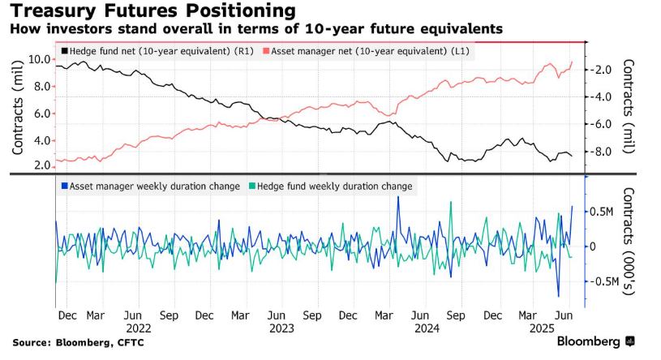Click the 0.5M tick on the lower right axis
tap(600, 212)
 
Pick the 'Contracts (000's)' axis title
tap(629, 246)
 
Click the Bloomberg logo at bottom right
tap(595, 341)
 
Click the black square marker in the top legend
tap(65, 51)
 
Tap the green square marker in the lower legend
tap(252, 186)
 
